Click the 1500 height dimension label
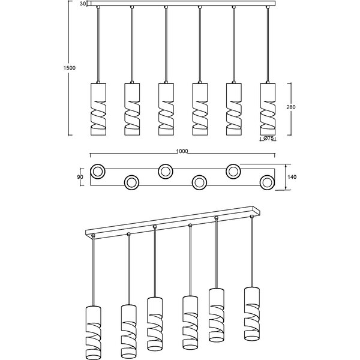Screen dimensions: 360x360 [70, 68]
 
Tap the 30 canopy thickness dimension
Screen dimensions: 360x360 [82, 4]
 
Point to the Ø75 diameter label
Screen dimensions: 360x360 [269, 139]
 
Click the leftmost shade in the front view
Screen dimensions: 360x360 [98, 109]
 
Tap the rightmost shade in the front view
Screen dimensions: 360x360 [268, 109]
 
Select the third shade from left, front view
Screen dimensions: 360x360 [166, 109]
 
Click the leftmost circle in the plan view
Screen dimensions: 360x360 [98, 172]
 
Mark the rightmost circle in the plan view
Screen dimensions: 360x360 [267, 182]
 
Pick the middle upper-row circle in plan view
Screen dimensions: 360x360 [166, 172]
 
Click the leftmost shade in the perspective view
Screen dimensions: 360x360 [94, 330]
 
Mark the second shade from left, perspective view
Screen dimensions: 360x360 [128, 329]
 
